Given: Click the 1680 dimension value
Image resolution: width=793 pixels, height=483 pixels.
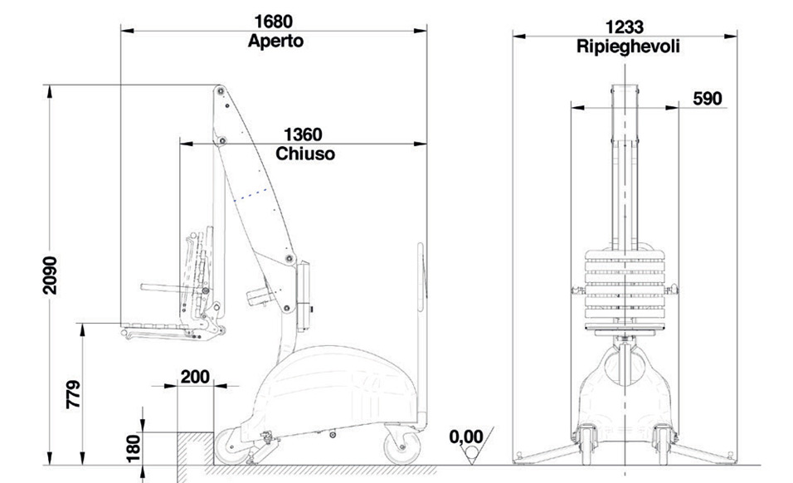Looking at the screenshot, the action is coord(273,22).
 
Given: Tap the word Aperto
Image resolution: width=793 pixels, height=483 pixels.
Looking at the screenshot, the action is coord(275,41).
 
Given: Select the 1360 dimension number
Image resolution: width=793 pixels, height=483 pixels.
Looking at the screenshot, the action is coord(303,134).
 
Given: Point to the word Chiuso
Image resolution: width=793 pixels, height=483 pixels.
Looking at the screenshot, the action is coord(305,154).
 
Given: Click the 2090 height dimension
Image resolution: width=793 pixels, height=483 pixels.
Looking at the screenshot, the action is coord(50,276).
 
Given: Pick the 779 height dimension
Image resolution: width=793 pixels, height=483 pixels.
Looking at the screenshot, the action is coord(74,394).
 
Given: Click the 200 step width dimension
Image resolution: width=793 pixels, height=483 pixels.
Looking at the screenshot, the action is coord(195,377).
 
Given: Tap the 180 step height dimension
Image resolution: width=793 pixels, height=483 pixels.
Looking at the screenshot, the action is coord(133,448).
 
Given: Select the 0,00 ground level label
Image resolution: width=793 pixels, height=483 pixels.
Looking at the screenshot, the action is coord(466,437).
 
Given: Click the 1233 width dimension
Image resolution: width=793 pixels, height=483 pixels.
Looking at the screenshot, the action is coord(625,27).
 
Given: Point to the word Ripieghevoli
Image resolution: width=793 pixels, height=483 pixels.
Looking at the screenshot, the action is coord(628,46).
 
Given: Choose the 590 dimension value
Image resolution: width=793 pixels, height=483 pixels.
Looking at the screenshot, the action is coord(708,99).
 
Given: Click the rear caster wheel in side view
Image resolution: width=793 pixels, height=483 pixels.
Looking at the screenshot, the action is coord(402,445).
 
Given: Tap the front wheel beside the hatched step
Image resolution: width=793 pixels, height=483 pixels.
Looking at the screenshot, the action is coord(232,446).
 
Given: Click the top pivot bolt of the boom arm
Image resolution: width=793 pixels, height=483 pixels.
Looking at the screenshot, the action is coord(220,91).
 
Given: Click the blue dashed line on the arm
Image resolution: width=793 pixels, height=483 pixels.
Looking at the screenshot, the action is coord(251,195).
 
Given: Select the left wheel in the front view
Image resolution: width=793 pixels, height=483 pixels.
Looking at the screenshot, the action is coord(586,445).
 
